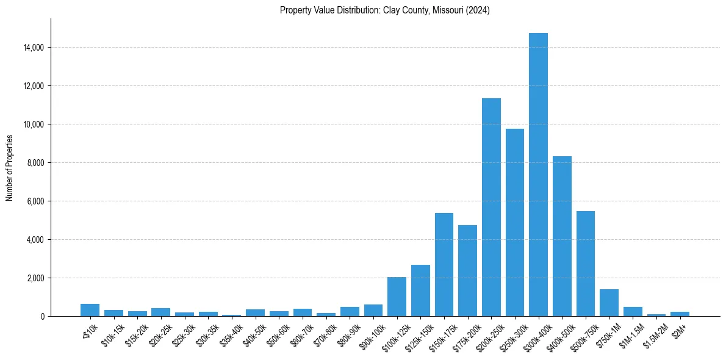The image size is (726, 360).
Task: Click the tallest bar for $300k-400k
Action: (538, 175)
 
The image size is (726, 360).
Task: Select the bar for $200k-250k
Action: (491, 207)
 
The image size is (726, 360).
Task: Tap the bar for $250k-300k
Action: (514, 223)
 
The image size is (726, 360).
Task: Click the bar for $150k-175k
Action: (444, 265)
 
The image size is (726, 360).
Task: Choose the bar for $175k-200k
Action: (467, 271)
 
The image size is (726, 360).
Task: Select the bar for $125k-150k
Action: (420, 290)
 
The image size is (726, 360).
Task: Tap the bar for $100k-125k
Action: (397, 297)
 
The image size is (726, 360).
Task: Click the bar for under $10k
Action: (90, 310)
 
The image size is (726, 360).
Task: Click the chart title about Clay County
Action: (385, 10)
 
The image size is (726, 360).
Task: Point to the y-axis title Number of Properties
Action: (10, 167)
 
